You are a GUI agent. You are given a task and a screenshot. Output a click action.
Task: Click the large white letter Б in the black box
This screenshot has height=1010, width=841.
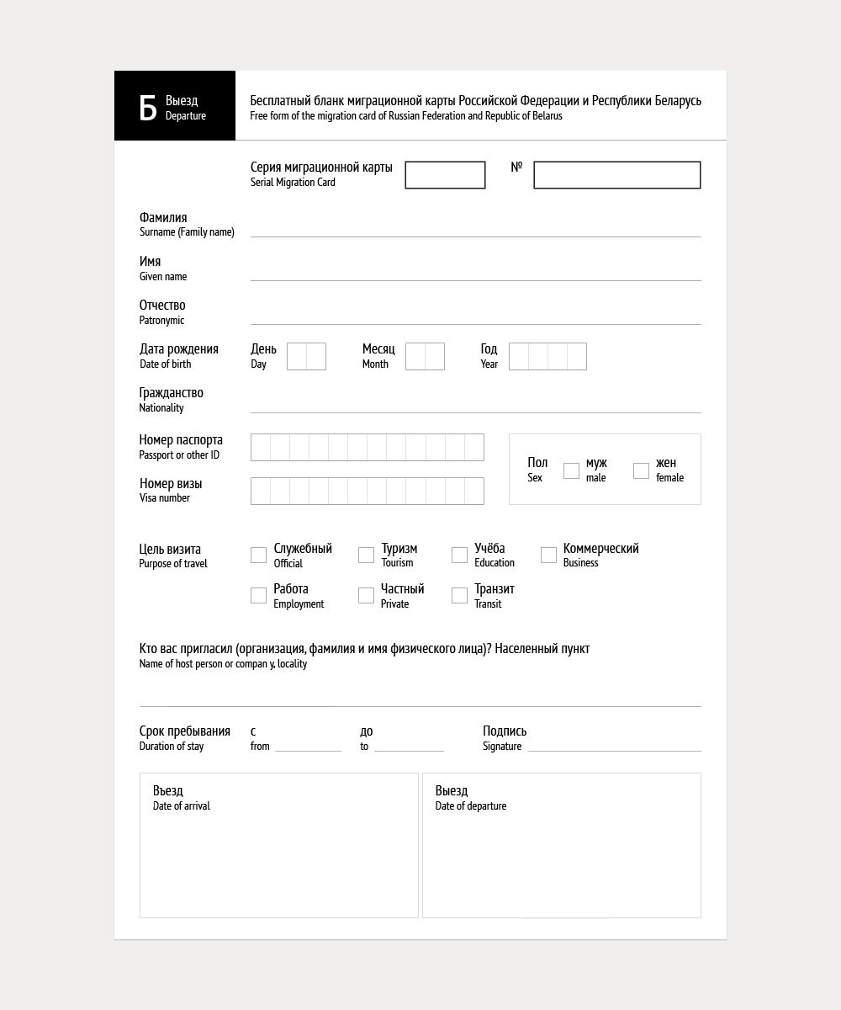[x=148, y=108]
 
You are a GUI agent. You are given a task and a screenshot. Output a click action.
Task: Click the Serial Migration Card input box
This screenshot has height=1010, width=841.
[x=445, y=175]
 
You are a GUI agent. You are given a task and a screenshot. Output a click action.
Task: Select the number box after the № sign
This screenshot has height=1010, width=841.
[x=616, y=175]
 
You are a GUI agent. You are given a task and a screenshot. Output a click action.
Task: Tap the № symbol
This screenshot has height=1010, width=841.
[x=516, y=167]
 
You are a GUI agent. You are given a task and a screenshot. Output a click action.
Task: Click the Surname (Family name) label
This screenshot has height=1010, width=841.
[x=187, y=232]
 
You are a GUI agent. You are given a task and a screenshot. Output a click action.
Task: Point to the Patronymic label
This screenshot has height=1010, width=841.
[x=161, y=320]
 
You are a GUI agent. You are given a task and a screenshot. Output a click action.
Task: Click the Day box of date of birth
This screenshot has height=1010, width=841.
[x=306, y=356]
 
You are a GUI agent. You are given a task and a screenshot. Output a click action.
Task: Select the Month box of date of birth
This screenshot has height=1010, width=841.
[x=425, y=356]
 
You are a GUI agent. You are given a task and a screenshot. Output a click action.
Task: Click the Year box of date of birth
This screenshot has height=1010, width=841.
[x=547, y=356]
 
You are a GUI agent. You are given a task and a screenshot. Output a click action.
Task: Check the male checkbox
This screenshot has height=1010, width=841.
[x=571, y=470]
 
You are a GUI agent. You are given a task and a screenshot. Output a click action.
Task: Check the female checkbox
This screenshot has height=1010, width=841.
[x=641, y=470]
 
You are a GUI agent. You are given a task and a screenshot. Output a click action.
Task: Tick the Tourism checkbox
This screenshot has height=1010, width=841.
[x=366, y=555]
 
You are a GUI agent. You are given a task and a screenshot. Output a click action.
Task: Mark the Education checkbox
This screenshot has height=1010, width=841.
[x=459, y=555]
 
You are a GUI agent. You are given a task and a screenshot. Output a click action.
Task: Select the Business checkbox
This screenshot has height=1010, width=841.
[x=548, y=555]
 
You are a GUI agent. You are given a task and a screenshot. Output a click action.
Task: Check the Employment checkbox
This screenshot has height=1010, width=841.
[x=258, y=595]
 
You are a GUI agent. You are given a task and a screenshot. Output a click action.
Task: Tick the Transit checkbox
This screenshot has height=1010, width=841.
[x=459, y=595]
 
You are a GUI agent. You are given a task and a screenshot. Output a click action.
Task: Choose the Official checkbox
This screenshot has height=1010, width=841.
[x=258, y=555]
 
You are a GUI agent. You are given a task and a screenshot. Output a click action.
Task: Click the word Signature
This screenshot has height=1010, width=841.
[x=502, y=747]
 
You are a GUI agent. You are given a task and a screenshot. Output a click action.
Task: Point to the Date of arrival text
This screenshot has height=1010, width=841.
[x=182, y=806]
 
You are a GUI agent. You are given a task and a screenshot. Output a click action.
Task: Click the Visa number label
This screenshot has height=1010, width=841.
[x=165, y=498]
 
